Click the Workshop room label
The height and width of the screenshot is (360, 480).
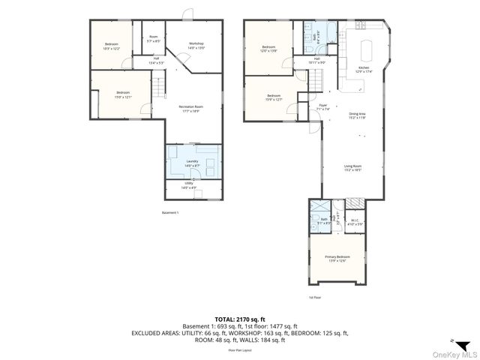click(196, 45)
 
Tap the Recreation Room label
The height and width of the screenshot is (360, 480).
click(194, 108)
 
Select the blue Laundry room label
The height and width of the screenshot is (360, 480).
click(193, 163)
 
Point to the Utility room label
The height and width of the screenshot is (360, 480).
click(193, 187)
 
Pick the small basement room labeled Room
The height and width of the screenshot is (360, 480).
click(153, 38)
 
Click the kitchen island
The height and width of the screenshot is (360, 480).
click(367, 51)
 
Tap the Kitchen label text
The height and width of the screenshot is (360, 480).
click(364, 69)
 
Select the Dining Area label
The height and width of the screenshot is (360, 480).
click(355, 115)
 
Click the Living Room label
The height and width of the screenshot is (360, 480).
click(352, 168)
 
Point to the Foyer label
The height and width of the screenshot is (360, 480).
click(322, 107)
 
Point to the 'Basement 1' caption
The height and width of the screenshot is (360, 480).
click(171, 213)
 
